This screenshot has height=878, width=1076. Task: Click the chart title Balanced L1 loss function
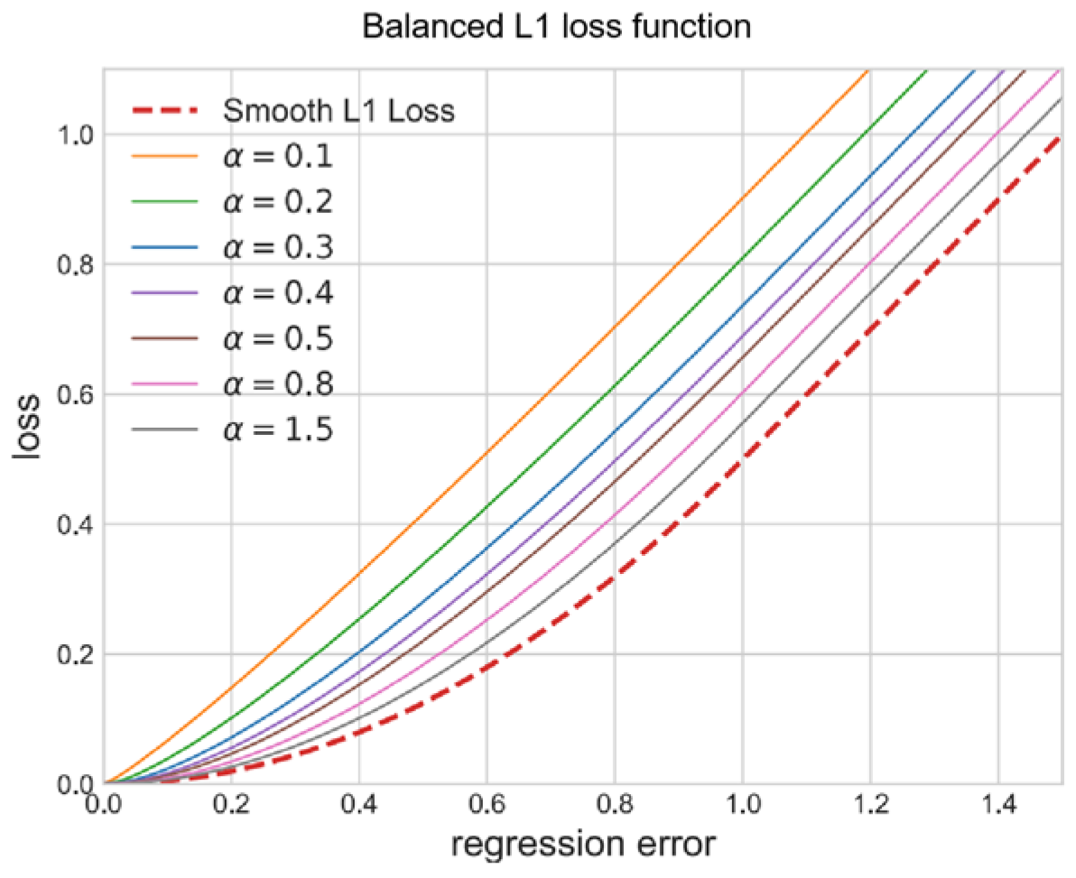click(556, 27)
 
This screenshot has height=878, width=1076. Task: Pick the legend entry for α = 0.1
click(278, 157)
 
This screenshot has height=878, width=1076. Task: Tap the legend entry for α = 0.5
click(278, 339)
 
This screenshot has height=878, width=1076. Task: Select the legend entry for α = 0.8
click(278, 384)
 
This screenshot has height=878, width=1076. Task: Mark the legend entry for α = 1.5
click(278, 430)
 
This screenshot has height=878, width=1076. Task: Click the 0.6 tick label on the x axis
click(487, 805)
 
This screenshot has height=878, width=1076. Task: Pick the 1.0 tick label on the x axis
click(742, 805)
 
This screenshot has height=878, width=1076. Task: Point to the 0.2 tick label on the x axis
click(231, 805)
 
